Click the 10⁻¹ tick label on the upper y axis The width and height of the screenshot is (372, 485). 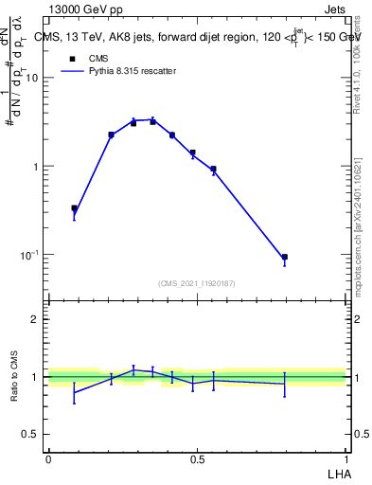[29, 255]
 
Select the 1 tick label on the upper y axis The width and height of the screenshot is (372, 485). [36, 167]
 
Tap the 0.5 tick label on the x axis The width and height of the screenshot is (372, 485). [197, 458]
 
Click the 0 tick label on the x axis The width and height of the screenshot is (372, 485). [48, 458]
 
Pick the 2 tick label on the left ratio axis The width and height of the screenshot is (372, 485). [36, 319]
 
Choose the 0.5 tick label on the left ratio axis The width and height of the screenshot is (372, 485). [31, 434]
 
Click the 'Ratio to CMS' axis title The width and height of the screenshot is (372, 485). [14, 377]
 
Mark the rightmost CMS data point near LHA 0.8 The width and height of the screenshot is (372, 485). [284, 257]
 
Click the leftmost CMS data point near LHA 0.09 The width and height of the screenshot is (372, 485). [74, 208]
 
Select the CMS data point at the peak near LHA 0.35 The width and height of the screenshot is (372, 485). [152, 121]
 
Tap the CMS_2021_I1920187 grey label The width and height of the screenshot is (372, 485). [197, 283]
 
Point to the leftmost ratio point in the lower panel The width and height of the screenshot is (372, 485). [74, 391]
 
